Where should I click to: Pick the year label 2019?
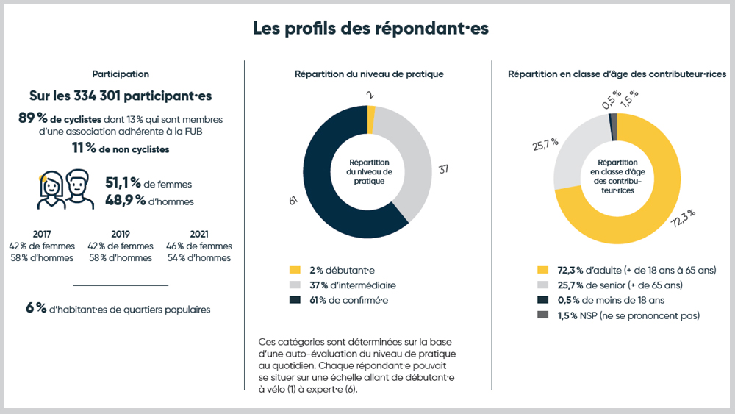click(121, 234)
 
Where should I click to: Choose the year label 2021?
click(198, 234)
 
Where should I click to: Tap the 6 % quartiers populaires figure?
click(36, 309)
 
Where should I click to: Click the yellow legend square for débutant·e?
click(295, 271)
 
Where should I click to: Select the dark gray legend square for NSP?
click(543, 315)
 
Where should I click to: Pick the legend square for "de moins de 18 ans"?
click(543, 300)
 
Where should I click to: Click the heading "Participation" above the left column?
click(121, 74)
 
